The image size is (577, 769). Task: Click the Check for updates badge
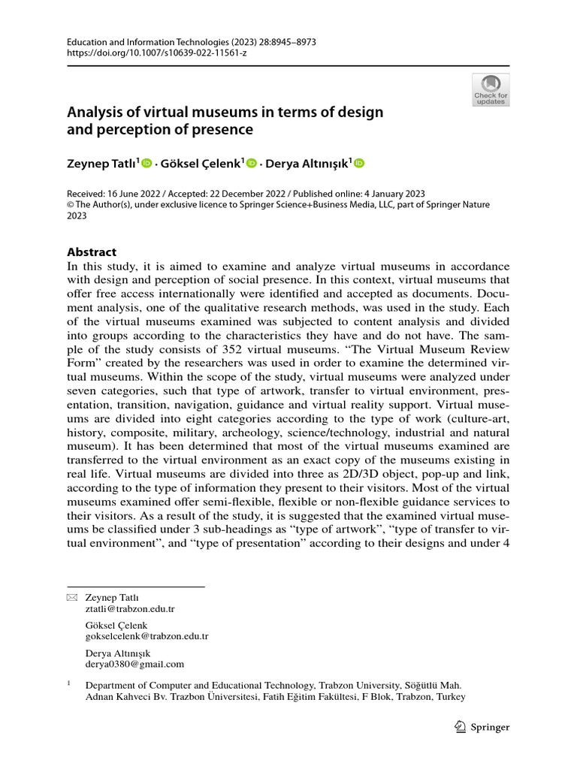pos(490,89)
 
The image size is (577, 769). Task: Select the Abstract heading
pos(92,252)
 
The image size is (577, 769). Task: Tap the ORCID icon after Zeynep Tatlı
pos(147,163)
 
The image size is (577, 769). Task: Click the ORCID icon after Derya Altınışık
pos(358,163)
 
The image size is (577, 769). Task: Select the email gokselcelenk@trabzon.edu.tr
pos(147,636)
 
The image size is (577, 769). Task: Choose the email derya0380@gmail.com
pos(134,664)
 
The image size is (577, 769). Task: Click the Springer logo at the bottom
pos(482,727)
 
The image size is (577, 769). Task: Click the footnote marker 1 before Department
pos(69,684)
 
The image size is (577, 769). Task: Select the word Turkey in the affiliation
pos(452,696)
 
